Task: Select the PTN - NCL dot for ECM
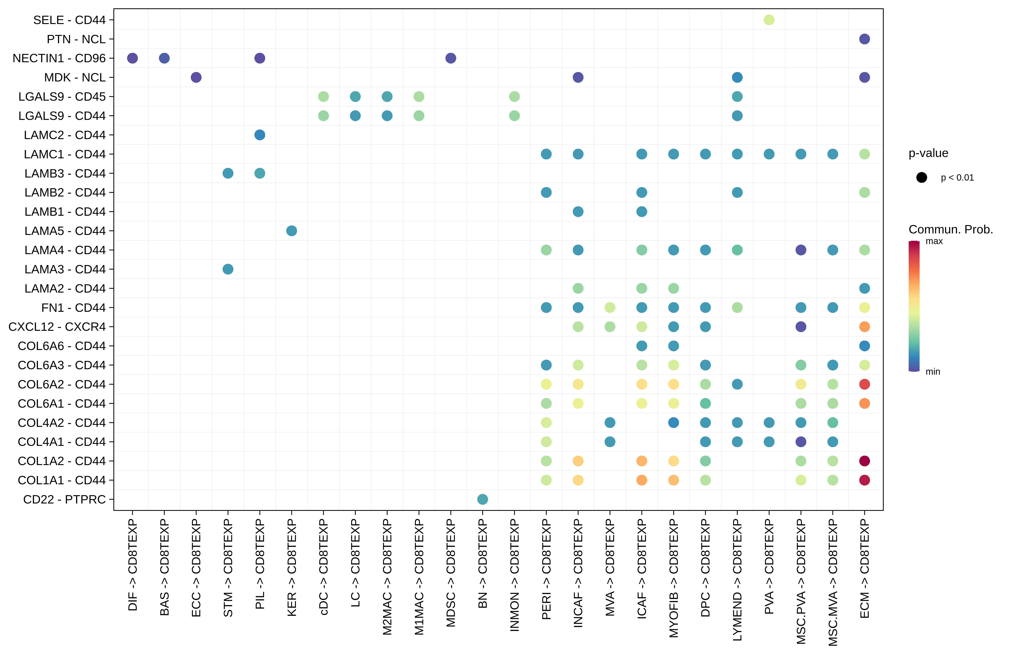(x=864, y=39)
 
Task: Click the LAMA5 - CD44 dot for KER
(x=292, y=231)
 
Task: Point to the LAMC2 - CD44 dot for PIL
(x=260, y=135)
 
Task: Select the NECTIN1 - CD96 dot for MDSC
(x=451, y=58)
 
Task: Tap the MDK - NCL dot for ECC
(x=196, y=77)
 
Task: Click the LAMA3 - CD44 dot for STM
(x=228, y=269)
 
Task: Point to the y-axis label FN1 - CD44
(x=73, y=308)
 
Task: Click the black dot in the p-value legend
(x=921, y=177)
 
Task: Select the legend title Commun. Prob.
(x=951, y=229)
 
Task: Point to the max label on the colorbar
(x=934, y=241)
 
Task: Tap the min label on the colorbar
(x=933, y=372)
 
